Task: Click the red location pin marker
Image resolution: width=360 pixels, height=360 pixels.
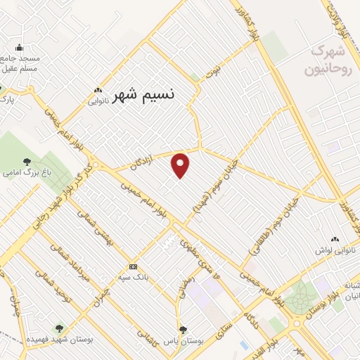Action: point(181,165)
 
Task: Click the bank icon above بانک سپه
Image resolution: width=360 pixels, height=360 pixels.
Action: point(133,266)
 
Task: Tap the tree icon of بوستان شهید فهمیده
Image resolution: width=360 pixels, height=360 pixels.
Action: point(58,328)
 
